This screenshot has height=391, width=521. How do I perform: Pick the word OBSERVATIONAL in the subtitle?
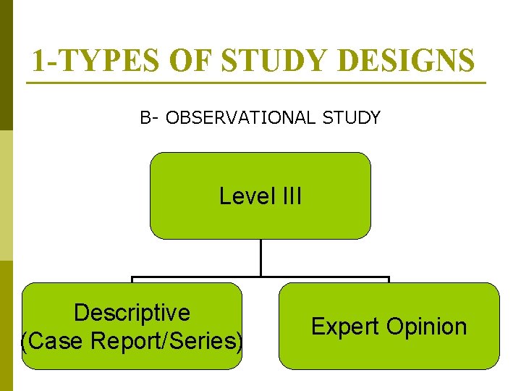243,117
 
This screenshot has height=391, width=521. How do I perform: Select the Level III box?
260,217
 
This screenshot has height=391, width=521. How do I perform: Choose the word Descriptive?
132,313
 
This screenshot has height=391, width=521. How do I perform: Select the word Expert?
346,327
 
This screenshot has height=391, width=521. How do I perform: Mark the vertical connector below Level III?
260,257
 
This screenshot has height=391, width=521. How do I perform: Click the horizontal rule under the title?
257,83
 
